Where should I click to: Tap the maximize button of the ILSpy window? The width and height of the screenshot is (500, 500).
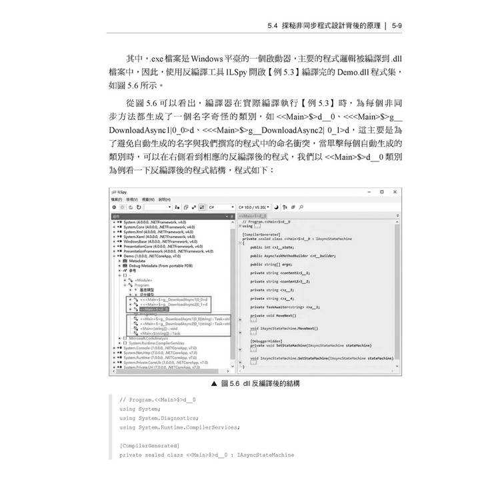(x=381, y=191)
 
